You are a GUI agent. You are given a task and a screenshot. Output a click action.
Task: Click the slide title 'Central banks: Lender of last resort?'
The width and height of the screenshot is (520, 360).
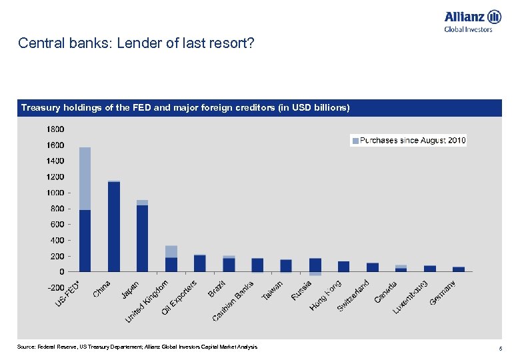(136, 43)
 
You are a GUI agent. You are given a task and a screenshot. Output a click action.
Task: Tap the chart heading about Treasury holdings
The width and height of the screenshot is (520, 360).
(185, 107)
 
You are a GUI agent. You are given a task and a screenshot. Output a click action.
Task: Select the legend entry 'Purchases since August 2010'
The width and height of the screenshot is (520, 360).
(409, 141)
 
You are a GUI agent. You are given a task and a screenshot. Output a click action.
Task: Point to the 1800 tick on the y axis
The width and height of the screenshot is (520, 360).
(55, 129)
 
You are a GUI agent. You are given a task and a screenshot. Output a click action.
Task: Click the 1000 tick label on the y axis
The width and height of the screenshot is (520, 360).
(55, 193)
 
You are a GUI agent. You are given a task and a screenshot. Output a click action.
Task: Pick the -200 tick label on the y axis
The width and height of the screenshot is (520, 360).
(55, 287)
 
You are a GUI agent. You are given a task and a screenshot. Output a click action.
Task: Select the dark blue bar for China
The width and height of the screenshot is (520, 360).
(114, 227)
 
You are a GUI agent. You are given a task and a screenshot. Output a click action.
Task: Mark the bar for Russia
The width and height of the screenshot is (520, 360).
(315, 265)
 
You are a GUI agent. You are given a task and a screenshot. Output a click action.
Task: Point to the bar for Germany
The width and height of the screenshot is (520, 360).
(459, 269)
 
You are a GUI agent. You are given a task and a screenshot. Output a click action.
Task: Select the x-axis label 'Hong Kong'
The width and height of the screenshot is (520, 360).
(326, 295)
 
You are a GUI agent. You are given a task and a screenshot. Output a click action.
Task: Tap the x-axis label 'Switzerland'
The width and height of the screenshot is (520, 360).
(353, 294)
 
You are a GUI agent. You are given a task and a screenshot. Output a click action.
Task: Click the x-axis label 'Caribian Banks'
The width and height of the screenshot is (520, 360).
(238, 301)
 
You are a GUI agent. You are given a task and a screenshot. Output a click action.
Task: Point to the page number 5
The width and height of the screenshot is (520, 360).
(499, 348)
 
